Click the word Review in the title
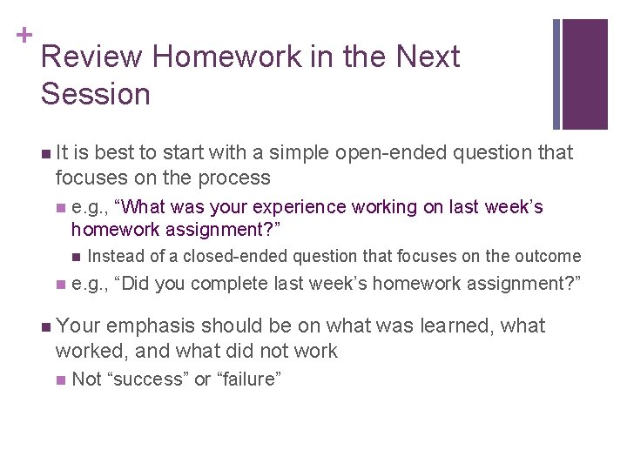click(91, 57)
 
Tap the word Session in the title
click(95, 94)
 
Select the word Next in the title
click(428, 57)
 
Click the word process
click(231, 178)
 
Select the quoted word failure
click(248, 379)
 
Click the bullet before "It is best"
click(45, 154)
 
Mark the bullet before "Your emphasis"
click(45, 327)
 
